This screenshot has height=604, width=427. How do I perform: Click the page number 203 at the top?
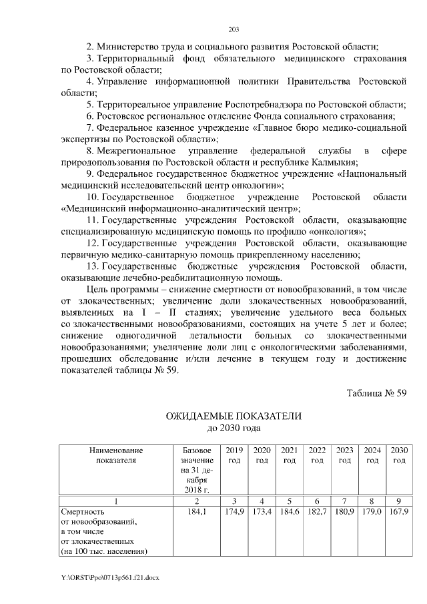[234, 29]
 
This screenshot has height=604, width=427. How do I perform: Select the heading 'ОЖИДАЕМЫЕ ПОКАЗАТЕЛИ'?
[234, 416]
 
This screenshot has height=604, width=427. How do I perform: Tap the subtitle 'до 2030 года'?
[234, 428]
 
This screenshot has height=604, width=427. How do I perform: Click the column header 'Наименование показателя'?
[115, 455]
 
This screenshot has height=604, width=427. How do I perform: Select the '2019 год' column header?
[234, 455]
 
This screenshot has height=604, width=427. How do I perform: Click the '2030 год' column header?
[399, 455]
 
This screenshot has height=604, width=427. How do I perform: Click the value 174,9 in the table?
[234, 512]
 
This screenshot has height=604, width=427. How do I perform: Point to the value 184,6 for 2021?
[290, 512]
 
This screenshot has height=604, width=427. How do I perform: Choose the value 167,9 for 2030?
[399, 512]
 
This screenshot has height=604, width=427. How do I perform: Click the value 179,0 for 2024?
[372, 512]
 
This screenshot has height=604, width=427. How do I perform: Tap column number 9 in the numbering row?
[399, 501]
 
